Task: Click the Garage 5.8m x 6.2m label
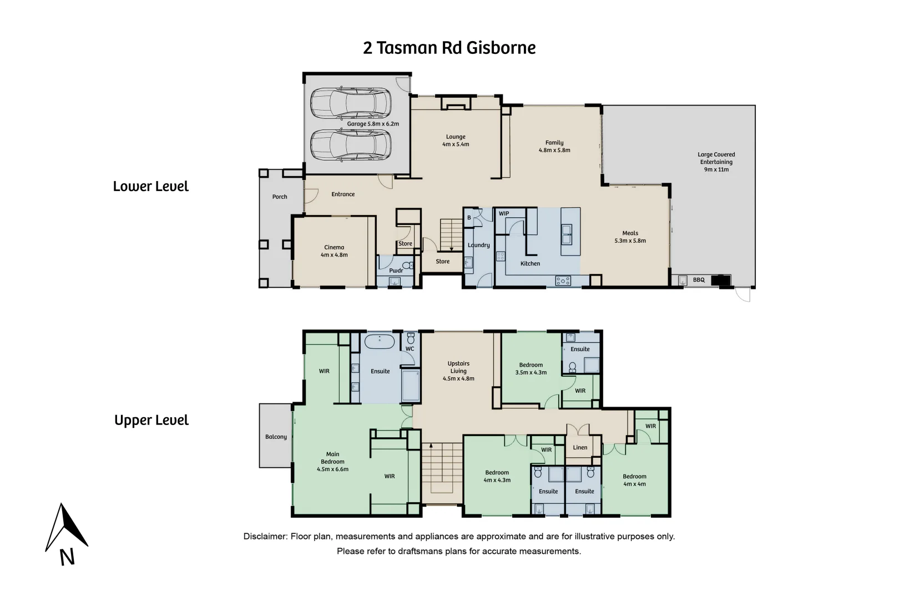point(373,124)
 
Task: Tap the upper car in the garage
point(350,103)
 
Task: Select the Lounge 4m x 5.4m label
point(456,141)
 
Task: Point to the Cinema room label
point(334,251)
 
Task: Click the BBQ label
point(699,280)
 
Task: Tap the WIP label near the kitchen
point(504,214)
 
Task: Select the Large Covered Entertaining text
point(716,162)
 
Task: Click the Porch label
point(280,197)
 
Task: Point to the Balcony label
point(276,437)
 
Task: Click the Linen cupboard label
point(580,447)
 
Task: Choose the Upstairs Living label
point(458,371)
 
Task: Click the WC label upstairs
point(410,349)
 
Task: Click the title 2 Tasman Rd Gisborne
point(449,48)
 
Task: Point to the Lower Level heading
point(150,186)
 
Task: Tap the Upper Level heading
point(151,420)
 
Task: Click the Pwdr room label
point(396,271)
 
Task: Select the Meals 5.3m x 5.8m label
point(630,237)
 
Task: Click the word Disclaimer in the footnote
point(265,537)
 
